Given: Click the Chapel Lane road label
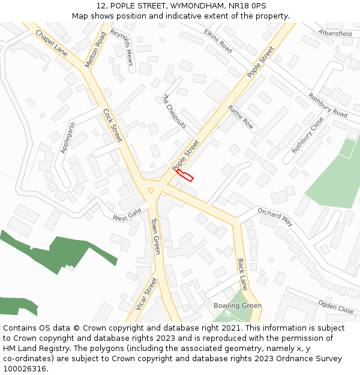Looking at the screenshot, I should (x=51, y=43).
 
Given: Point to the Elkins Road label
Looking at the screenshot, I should (x=218, y=41).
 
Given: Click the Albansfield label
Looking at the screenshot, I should (x=335, y=34).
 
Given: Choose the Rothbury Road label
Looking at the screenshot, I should (x=328, y=105).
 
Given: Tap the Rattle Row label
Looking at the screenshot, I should (x=241, y=117).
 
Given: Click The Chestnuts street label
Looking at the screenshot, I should (x=174, y=111).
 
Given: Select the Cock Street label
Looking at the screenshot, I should (x=112, y=125).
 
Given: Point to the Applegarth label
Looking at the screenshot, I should (x=68, y=138).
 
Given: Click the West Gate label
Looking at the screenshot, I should (x=127, y=214).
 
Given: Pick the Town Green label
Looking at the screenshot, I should (x=155, y=236).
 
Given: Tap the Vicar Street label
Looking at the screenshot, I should (x=146, y=294).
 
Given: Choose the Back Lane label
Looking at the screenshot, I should (x=242, y=275).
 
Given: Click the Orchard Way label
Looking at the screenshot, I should (x=275, y=217).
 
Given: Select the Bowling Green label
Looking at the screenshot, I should (x=238, y=306).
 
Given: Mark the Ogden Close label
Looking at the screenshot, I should (x=336, y=307).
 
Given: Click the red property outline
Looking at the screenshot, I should (x=185, y=175).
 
